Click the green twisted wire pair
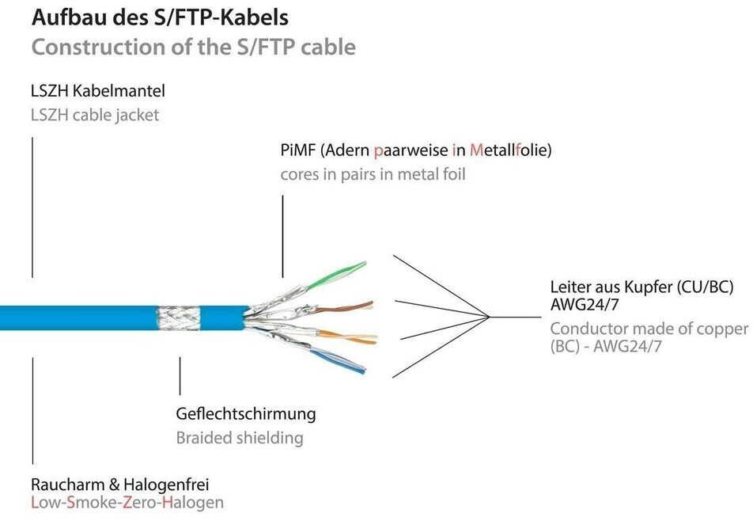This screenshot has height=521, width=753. tap(336, 275)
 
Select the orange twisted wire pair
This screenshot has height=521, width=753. tap(348, 337)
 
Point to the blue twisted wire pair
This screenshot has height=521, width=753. tap(338, 361)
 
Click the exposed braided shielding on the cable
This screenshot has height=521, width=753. tap(179, 318)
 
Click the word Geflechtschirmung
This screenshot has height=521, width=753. tap(246, 414)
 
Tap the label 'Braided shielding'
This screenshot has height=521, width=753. tap(240, 438)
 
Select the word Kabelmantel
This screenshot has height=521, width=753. tap(125, 91)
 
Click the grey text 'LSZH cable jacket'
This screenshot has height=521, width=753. tap(95, 116)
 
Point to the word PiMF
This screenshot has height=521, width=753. tap(297, 150)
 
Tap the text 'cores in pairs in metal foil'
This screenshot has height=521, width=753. tap(373, 174)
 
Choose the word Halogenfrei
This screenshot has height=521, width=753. tap(167, 485)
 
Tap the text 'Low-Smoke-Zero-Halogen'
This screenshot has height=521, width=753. tap(127, 503)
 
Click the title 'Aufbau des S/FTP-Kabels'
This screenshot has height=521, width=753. tap(160, 17)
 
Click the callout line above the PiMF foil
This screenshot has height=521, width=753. tap(283, 237)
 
